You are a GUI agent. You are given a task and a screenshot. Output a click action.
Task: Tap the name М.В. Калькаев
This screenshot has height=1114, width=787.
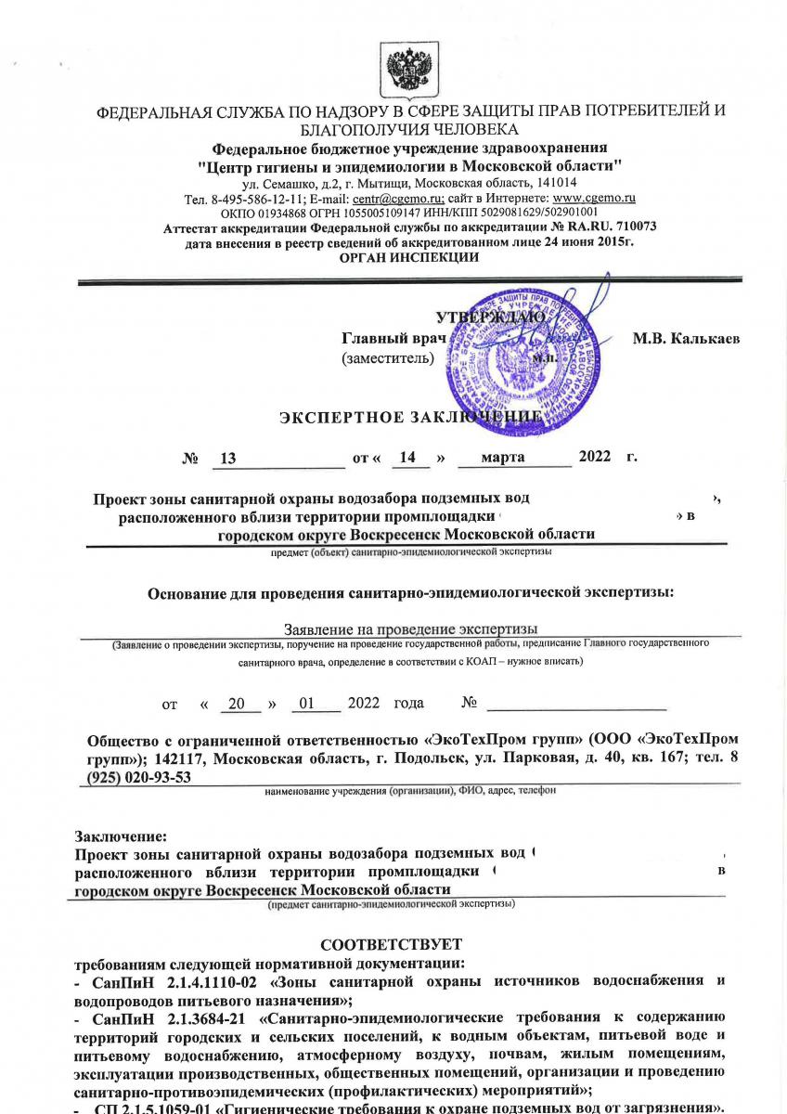click(686, 339)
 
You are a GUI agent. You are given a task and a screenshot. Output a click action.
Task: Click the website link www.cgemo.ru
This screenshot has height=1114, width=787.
click(593, 198)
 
